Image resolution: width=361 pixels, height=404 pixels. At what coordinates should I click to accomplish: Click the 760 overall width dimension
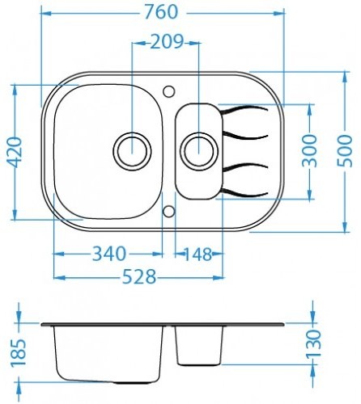pyautogui.click(x=161, y=12)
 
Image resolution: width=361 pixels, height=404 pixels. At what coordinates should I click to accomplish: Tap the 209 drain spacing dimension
pyautogui.click(x=167, y=42)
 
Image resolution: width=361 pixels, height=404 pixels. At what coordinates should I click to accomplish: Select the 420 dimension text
pyautogui.click(x=14, y=152)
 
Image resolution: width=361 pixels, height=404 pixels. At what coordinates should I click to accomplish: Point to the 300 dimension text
pyautogui.click(x=309, y=151)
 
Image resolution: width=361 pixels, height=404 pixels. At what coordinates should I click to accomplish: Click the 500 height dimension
pyautogui.click(x=345, y=151)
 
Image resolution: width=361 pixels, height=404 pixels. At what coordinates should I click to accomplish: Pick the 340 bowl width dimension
pyautogui.click(x=109, y=254)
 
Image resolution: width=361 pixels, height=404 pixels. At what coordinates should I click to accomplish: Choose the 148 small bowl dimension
pyautogui.click(x=197, y=254)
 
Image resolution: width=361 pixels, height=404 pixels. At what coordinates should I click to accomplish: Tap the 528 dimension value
pyautogui.click(x=139, y=277)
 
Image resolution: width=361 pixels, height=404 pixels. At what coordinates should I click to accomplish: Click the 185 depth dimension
pyautogui.click(x=19, y=352)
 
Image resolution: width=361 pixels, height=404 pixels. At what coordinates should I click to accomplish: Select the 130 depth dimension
pyautogui.click(x=313, y=343)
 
